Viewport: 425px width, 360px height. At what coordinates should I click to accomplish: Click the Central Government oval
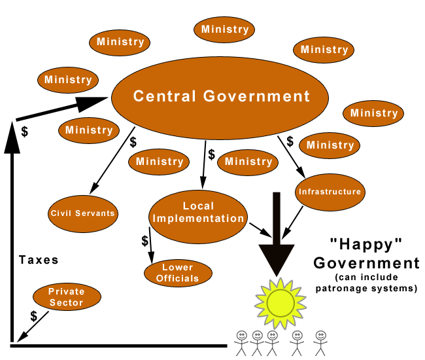(221, 96)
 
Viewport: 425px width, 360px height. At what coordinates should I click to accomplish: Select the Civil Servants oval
(82, 213)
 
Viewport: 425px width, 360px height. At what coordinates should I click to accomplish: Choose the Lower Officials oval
(177, 273)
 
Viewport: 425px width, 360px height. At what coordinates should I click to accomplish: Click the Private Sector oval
(66, 297)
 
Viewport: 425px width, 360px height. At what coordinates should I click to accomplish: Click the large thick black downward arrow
(276, 236)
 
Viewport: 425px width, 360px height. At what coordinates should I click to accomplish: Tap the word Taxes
(38, 260)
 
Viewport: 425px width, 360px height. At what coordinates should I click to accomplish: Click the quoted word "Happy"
(365, 244)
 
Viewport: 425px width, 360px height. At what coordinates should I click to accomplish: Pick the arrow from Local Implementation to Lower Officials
(151, 246)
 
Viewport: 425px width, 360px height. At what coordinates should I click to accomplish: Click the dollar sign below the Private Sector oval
(33, 315)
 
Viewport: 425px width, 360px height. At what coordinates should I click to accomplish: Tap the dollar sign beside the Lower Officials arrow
(144, 240)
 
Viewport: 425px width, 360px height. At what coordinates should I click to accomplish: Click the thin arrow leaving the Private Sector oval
(35, 326)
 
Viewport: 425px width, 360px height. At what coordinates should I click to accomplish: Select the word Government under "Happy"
(366, 264)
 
